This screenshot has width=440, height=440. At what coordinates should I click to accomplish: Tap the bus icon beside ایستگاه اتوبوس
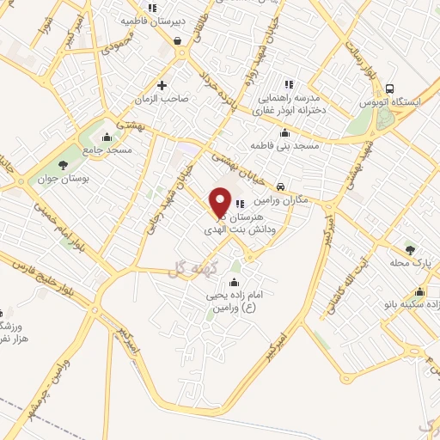pyautogui.click(x=391, y=89)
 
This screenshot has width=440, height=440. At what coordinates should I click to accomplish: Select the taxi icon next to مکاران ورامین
pyautogui.click(x=281, y=186)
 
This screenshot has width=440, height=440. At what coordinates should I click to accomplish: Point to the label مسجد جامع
pyautogui.click(x=107, y=150)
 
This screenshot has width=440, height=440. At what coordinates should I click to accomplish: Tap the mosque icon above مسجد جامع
pyautogui.click(x=107, y=137)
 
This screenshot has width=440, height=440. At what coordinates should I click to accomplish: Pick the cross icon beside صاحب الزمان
pyautogui.click(x=162, y=86)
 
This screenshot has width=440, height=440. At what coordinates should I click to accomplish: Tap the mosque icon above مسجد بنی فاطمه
pyautogui.click(x=284, y=133)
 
